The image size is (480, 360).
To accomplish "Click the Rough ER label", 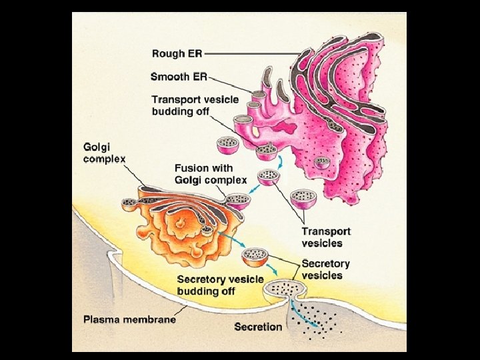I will click(177, 53).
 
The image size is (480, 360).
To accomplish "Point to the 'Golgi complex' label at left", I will click(104, 152).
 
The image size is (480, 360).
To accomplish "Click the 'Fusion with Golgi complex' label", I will click(210, 174).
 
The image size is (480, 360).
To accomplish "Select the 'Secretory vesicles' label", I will click(322, 269).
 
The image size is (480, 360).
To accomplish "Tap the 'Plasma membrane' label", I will click(129, 319).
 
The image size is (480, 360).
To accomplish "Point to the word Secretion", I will click(258, 327).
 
